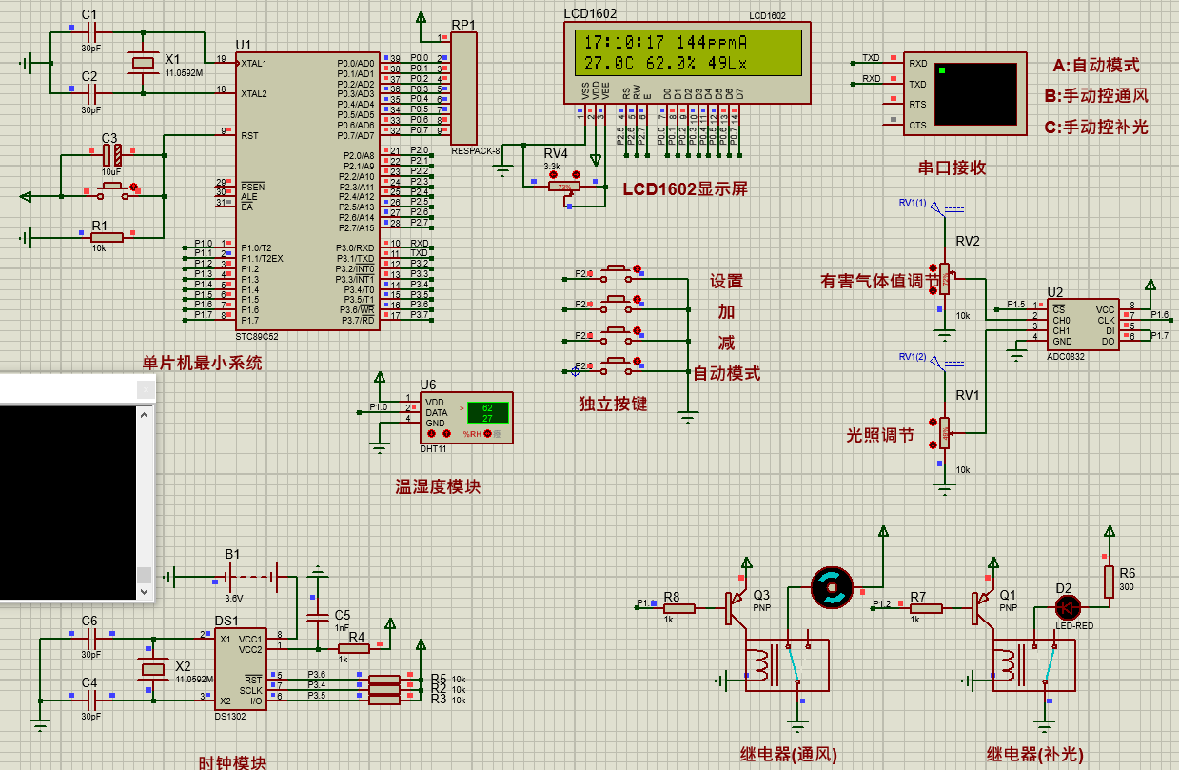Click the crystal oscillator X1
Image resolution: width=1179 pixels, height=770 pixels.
tap(143, 63)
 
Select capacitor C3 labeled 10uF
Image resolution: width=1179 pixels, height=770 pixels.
tap(111, 153)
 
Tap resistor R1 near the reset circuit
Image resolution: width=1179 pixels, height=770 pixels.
tap(107, 237)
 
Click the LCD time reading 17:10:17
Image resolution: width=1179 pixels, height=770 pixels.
tap(624, 43)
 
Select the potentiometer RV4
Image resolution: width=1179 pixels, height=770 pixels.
tap(564, 186)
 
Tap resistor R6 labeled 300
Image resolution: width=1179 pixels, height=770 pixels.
tap(1109, 582)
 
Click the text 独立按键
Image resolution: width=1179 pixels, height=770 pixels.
tap(613, 404)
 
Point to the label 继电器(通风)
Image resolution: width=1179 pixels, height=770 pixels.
tap(789, 754)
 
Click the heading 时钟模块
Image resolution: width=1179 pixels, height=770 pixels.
tap(232, 762)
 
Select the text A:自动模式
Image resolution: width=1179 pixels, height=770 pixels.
tap(1096, 66)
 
